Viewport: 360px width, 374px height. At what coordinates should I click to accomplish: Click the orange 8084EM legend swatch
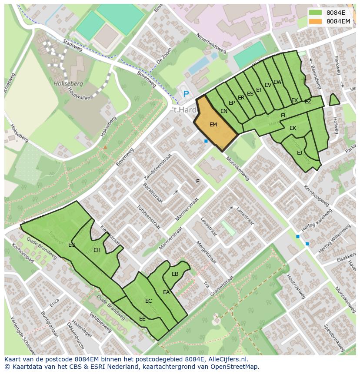click(x=316, y=21)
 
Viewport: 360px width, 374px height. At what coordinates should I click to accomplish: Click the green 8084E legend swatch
click(x=316, y=13)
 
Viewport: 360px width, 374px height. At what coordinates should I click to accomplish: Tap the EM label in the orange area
click(x=213, y=125)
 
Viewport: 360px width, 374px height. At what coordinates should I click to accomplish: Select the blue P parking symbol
click(x=186, y=94)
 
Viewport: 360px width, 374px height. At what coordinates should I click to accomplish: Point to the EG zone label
click(x=72, y=245)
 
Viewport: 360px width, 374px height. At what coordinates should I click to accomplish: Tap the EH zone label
click(x=97, y=250)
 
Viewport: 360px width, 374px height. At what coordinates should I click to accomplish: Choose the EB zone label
click(x=175, y=274)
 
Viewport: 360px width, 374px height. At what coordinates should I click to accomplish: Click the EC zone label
click(x=149, y=301)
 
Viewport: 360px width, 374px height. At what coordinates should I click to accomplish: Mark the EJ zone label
click(x=300, y=153)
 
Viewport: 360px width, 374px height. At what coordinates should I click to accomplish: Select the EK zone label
click(x=293, y=128)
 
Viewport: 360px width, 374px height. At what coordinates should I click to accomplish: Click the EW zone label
click(x=277, y=82)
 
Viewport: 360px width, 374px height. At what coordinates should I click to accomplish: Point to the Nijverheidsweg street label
click(x=212, y=43)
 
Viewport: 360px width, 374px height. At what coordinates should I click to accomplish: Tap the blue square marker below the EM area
click(x=206, y=141)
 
